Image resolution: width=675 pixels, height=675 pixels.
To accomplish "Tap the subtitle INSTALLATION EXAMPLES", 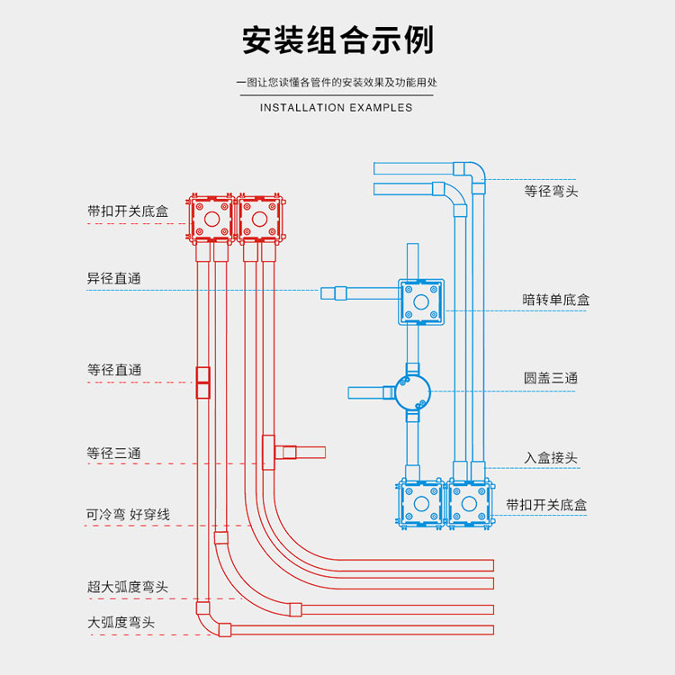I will (x=337, y=108).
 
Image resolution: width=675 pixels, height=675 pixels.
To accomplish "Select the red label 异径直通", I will (x=114, y=279).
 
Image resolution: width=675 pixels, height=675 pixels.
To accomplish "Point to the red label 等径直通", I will (x=114, y=370).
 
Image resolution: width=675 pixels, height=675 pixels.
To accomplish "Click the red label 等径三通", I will (x=114, y=454).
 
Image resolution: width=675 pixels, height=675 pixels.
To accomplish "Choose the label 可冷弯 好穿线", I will (x=128, y=515).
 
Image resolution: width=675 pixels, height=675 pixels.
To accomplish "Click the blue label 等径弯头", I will (x=551, y=192).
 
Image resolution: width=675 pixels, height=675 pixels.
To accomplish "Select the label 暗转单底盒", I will (x=556, y=300).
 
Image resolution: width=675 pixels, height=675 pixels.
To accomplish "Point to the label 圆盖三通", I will (x=550, y=379).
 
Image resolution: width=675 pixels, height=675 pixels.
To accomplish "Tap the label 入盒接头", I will (x=550, y=458).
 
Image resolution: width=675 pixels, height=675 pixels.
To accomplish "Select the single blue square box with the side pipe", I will (x=421, y=301).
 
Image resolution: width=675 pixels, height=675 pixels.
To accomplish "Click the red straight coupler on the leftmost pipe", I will (x=203, y=382).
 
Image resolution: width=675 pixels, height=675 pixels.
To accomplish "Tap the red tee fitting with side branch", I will (x=269, y=452).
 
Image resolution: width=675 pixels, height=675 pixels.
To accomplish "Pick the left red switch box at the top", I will (x=211, y=219).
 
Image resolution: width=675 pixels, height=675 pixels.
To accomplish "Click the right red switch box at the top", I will (x=259, y=219).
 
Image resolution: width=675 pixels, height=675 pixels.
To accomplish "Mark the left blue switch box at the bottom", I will (x=419, y=504).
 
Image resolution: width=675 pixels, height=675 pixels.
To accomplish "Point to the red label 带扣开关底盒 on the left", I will (x=128, y=211).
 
